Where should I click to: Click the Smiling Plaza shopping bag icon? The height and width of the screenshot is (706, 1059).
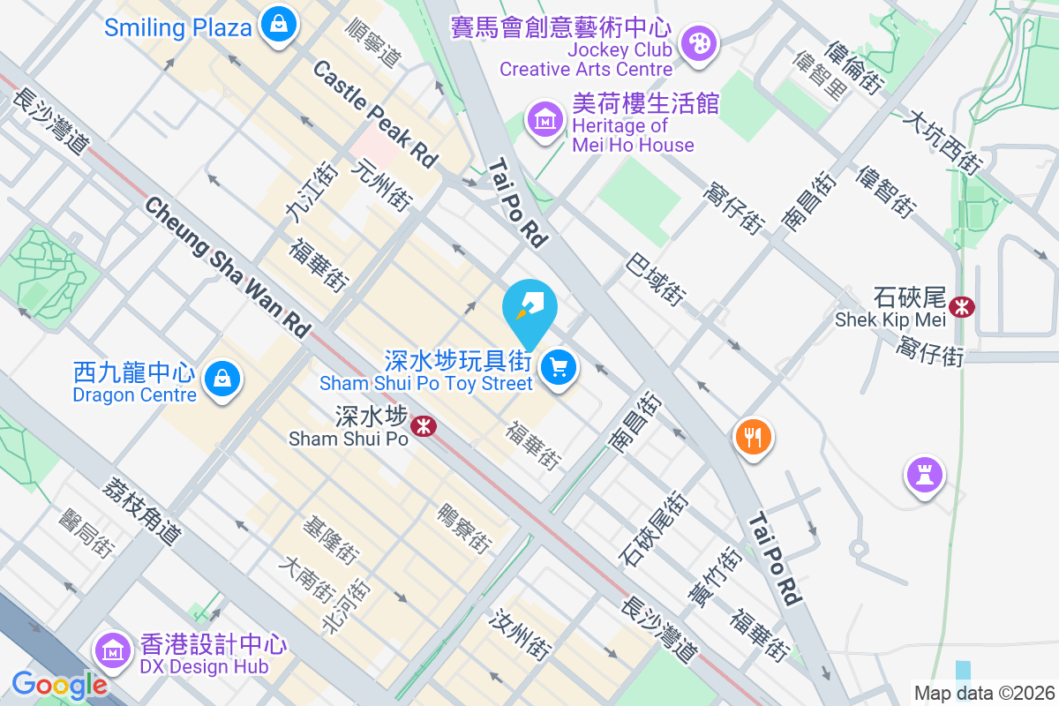[x=279, y=24]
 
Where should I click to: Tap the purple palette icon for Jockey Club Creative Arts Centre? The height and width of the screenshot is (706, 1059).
[x=698, y=42]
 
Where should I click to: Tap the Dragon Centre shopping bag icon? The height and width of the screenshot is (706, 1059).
[x=222, y=380]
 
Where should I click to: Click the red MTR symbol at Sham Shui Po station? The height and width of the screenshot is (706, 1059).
[x=425, y=426]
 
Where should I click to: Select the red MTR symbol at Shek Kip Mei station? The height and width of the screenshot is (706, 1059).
[x=962, y=306]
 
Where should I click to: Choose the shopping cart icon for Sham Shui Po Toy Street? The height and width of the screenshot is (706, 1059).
[x=558, y=366]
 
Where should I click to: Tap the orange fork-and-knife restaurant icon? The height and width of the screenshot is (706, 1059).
[x=753, y=437]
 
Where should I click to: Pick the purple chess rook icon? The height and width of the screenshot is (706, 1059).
[x=924, y=476]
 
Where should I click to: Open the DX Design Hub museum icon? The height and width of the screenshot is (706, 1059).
[x=113, y=651]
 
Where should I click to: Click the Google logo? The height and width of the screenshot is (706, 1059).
[x=59, y=684]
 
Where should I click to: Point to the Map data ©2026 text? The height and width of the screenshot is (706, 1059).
[x=984, y=693]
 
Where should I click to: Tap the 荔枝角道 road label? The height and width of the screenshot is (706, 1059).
[x=142, y=511]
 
